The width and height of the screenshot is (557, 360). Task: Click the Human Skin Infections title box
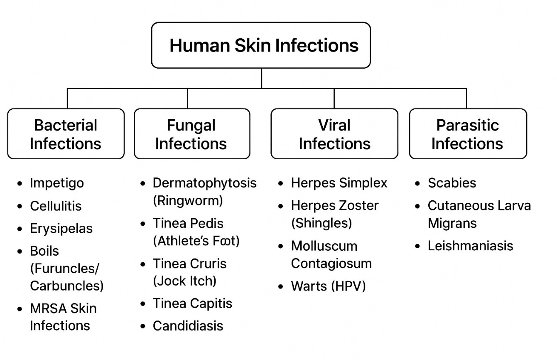(261, 45)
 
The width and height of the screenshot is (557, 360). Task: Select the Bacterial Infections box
(66, 134)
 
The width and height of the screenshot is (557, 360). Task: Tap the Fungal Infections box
(191, 134)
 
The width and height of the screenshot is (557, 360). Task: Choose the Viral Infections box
(334, 134)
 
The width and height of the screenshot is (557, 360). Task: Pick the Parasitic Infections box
(468, 134)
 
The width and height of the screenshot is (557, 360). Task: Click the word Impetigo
(57, 183)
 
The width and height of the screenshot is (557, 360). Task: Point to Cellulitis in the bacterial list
(56, 206)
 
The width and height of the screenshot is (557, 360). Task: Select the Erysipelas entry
(61, 229)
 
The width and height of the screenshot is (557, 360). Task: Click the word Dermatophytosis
(205, 183)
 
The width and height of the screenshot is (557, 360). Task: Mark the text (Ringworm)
(188, 201)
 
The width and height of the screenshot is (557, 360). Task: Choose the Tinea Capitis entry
(192, 303)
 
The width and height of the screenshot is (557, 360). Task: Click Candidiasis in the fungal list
(188, 325)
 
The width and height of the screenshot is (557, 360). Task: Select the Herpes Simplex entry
(339, 183)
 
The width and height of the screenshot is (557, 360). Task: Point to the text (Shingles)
(321, 223)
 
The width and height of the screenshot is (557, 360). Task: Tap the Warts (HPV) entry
(328, 286)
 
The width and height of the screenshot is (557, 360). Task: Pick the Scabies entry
(452, 183)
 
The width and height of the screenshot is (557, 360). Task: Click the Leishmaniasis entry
(470, 246)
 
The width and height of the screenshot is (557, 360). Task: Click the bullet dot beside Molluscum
(281, 247)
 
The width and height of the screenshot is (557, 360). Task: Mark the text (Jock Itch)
(184, 281)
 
